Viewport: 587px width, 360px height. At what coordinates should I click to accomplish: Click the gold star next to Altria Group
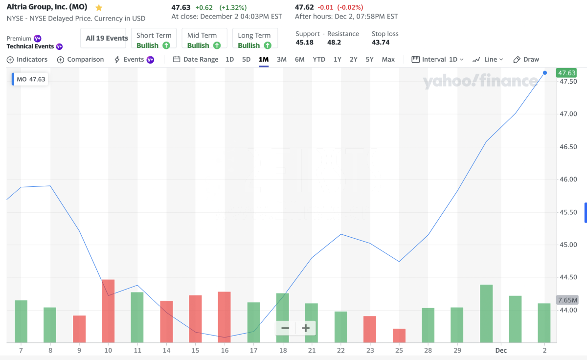click(x=99, y=8)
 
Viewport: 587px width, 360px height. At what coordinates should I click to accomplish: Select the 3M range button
click(x=281, y=59)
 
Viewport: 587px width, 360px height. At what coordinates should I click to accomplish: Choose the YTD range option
click(x=319, y=59)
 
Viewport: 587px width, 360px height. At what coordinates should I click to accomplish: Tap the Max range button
click(x=388, y=59)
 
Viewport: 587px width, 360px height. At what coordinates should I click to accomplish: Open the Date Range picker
click(x=196, y=59)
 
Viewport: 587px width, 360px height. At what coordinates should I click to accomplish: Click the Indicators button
click(x=27, y=59)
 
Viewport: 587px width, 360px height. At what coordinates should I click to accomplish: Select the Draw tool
click(x=526, y=59)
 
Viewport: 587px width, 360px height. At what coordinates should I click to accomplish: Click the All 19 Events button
click(x=107, y=38)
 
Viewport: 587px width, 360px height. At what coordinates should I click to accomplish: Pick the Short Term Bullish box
click(x=154, y=40)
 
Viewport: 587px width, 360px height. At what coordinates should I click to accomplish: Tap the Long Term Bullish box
click(x=254, y=40)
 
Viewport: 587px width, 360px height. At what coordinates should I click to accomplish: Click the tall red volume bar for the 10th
click(x=108, y=311)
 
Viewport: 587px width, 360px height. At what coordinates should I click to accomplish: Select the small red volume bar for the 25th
click(x=399, y=336)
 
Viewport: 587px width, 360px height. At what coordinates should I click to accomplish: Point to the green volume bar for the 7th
click(x=21, y=321)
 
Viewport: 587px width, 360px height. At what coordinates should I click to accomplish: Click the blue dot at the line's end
click(x=545, y=73)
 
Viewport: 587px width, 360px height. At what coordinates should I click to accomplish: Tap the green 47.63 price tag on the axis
click(x=567, y=73)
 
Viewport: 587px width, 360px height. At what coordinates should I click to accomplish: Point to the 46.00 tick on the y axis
click(x=568, y=180)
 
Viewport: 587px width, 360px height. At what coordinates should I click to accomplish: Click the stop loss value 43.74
click(x=381, y=43)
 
